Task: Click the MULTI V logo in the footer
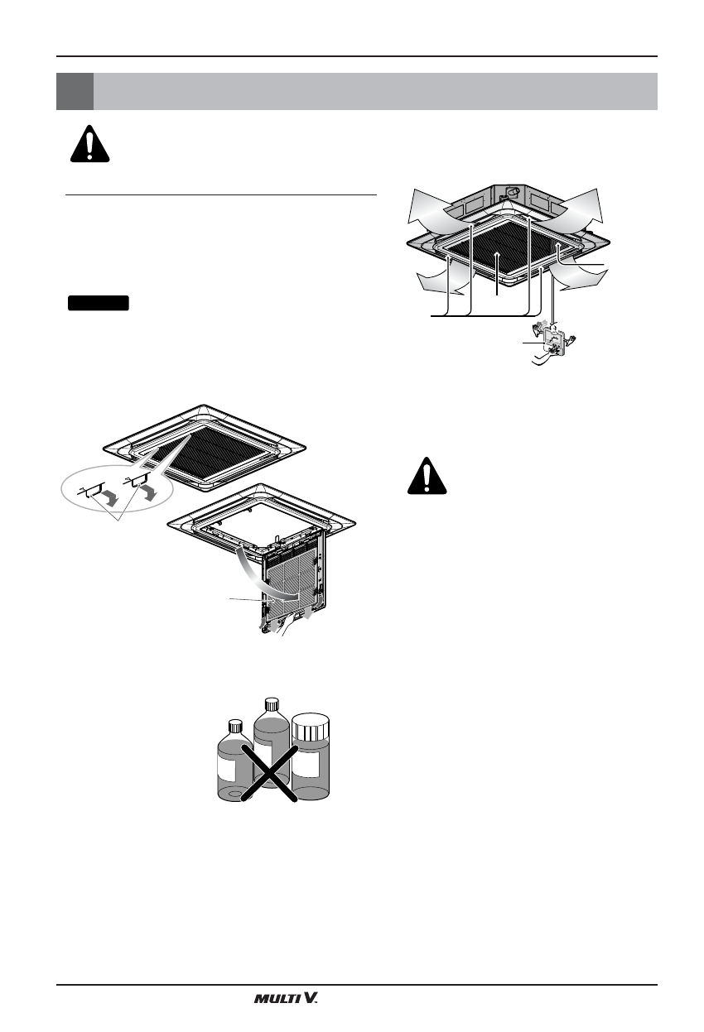pos(286,999)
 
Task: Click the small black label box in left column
pos(99,302)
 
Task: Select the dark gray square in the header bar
pos(74,91)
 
